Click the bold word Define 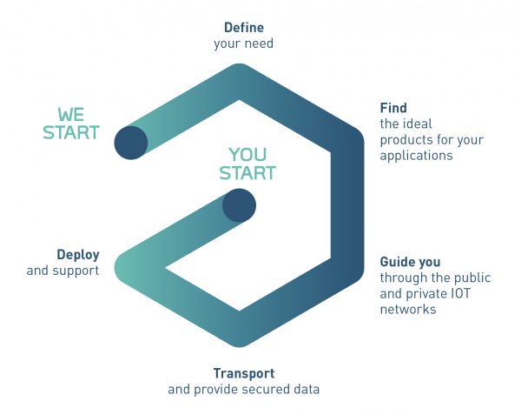click(244, 28)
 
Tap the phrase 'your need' click(243, 44)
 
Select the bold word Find click(393, 108)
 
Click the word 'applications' click(416, 156)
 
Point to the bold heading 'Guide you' click(411, 262)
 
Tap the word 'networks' click(408, 310)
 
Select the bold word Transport click(244, 373)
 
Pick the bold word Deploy click(78, 255)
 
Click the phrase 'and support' click(63, 271)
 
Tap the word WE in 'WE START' click(71, 115)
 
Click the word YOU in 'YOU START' click(247, 155)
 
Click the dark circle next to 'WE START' click(131, 143)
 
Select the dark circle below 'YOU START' click(239, 205)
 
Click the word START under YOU click(247, 173)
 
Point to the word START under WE click(71, 132)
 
